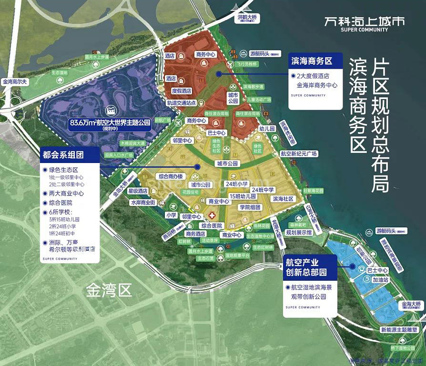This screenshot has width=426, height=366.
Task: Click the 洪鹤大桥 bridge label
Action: point(247,18)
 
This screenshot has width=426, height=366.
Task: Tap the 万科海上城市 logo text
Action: point(364,21)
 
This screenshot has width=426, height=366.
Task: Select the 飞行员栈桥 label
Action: point(249,64)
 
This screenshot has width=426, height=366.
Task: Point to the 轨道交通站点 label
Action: point(182,102)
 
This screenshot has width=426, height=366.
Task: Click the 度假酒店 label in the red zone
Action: point(181,91)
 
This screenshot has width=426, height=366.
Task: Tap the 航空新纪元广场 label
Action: point(298,153)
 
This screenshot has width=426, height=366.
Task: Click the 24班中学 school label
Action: point(264,190)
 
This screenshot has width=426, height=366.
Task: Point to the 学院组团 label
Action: point(250,207)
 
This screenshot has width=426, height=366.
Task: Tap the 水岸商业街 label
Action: point(143,202)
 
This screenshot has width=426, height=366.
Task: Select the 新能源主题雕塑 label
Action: point(399,329)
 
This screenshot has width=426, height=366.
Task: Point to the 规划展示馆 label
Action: point(299,233)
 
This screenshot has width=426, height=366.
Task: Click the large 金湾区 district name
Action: point(109,291)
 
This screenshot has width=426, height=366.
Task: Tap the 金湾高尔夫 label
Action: point(15,82)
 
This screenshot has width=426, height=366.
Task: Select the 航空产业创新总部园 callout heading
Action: point(306,267)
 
